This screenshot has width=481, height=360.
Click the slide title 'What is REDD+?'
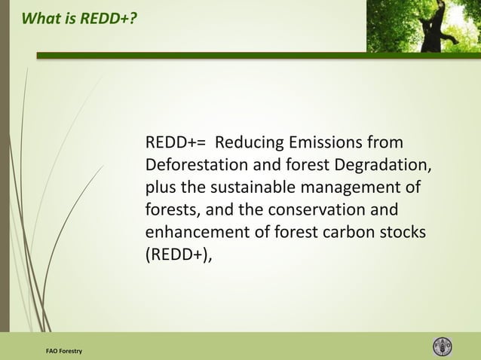tap(80, 17)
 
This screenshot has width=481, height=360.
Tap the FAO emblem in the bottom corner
tap(443, 346)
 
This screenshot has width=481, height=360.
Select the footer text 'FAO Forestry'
tap(64, 352)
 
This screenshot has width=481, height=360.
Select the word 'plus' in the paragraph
tap(160, 188)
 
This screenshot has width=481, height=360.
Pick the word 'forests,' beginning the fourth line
tap(171, 209)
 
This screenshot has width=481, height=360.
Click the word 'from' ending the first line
tap(385, 143)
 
